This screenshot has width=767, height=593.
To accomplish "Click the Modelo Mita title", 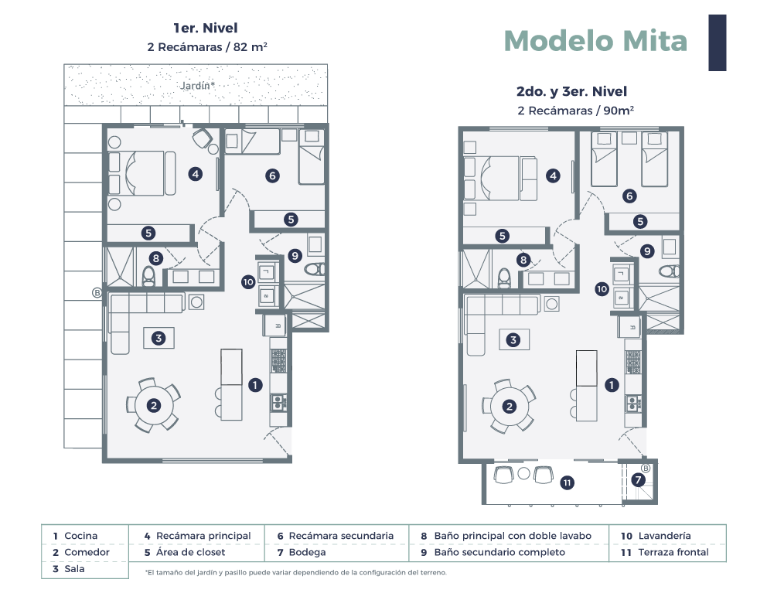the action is pyautogui.click(x=595, y=41).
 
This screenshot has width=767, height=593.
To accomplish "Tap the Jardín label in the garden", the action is pyautogui.click(x=197, y=86).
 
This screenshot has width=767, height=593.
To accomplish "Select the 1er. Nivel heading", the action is pyautogui.click(x=206, y=28).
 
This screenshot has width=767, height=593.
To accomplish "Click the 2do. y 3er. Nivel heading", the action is pyautogui.click(x=571, y=91).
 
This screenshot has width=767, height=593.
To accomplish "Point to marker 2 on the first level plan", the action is pyautogui.click(x=154, y=405).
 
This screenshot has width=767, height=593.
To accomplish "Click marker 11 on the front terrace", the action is pyautogui.click(x=567, y=483).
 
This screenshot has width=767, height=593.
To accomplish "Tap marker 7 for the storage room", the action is pyautogui.click(x=638, y=480).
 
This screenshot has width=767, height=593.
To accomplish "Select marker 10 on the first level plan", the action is pyautogui.click(x=248, y=282).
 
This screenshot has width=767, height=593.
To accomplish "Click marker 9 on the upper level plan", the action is pyautogui.click(x=647, y=251).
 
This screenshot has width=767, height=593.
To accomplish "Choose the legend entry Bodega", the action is pyautogui.click(x=302, y=552).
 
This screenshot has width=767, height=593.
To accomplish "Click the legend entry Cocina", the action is pyautogui.click(x=75, y=536).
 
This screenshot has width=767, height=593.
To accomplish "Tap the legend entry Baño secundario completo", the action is pyautogui.click(x=493, y=552).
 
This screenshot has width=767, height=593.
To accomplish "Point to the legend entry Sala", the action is pyautogui.click(x=69, y=569).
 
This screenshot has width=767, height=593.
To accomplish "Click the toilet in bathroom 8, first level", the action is pyautogui.click(x=148, y=277).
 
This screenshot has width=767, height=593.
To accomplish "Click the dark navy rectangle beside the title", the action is pyautogui.click(x=717, y=43).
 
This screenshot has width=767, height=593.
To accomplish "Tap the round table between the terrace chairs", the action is pyautogui.click(x=524, y=473).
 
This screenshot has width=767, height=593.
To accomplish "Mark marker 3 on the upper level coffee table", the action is pyautogui.click(x=513, y=339).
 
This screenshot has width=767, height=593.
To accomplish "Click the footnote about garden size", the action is pyautogui.click(x=296, y=572).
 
